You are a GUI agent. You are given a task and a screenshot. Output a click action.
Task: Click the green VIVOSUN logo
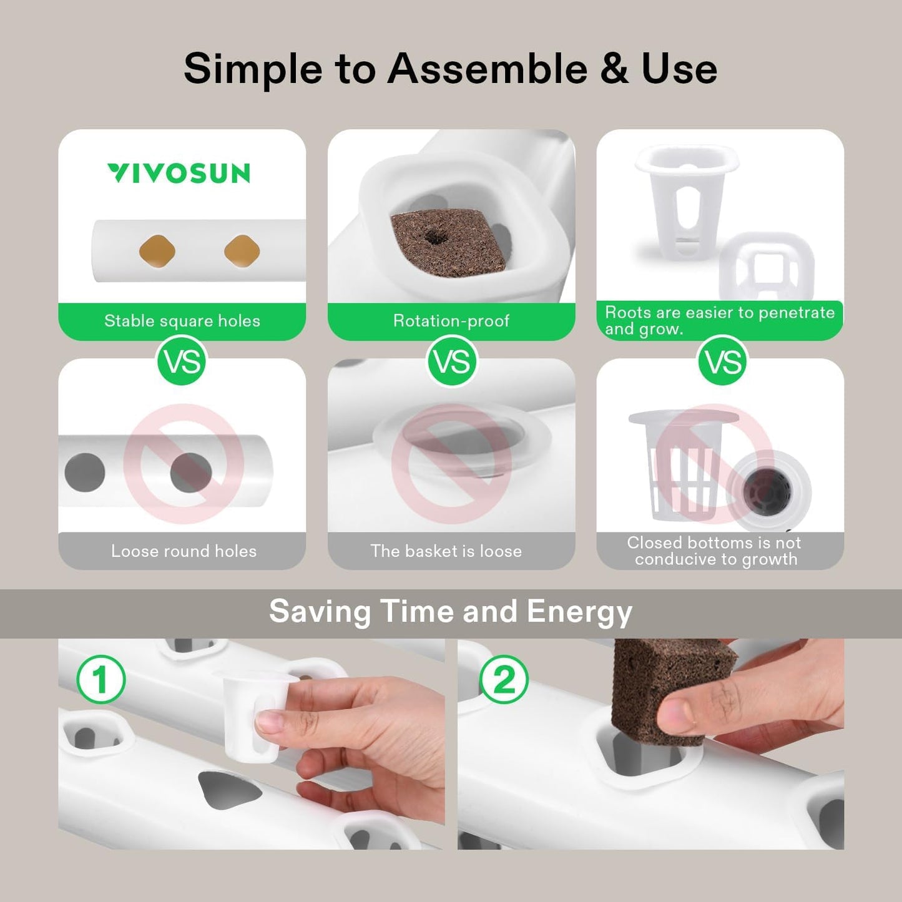179,173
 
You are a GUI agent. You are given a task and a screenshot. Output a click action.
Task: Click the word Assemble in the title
488,68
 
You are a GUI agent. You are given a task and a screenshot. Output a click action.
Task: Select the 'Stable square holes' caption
182,321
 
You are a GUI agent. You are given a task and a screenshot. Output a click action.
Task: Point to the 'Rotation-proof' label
451,321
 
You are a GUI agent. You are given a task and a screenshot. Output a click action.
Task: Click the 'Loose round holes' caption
184,551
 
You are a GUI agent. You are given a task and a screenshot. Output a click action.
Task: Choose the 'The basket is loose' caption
446,551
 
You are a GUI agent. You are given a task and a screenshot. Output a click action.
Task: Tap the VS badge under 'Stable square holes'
182,361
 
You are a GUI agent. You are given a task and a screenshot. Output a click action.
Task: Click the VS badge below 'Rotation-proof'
451,361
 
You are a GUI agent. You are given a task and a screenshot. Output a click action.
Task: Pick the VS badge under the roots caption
722,361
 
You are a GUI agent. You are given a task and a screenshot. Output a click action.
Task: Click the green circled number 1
100,679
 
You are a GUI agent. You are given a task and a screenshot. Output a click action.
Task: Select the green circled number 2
504,679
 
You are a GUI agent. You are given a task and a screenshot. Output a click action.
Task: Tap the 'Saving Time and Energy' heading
451,611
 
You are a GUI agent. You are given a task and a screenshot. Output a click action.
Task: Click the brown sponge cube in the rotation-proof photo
448,241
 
